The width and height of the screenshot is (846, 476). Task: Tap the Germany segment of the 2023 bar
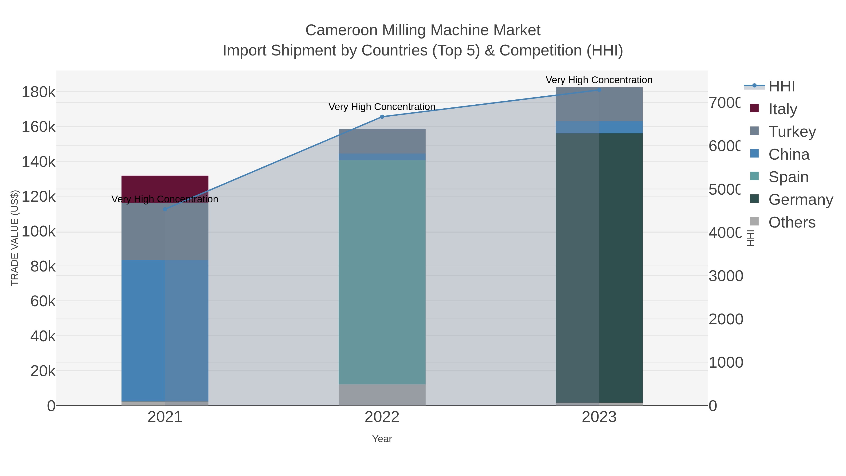pos(599,268)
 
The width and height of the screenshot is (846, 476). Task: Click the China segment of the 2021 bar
pos(165,330)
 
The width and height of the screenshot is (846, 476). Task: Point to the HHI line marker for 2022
pos(382,117)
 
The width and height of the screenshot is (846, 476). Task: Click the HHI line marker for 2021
pos(165,209)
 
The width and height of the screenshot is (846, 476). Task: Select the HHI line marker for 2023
pos(599,90)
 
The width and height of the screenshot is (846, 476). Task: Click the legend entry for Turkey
pos(792,131)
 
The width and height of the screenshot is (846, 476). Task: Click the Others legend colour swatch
pos(755,222)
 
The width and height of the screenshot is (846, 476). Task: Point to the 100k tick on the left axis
pos(39,232)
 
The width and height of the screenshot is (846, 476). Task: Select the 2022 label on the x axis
pos(382,417)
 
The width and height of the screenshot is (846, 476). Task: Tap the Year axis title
pos(382,439)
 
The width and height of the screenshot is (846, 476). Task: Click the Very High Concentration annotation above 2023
pos(599,80)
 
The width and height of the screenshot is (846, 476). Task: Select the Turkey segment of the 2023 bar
pos(599,104)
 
